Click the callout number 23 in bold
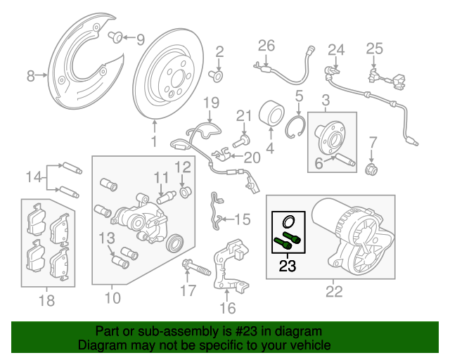click(287, 266)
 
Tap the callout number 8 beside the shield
click(30, 75)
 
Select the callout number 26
click(266, 46)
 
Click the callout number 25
click(373, 49)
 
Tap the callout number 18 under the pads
click(46, 301)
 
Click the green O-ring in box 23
click(288, 221)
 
